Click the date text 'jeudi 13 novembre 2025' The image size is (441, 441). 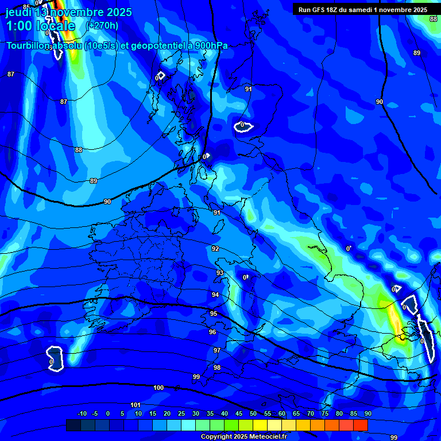69,12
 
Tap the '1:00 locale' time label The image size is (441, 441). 40,26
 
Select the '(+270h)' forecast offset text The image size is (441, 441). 102,25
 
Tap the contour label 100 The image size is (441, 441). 158,388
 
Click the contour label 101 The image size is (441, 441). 136,405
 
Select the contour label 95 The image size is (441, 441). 214,314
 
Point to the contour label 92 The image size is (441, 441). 215,249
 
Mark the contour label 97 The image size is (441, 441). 217,350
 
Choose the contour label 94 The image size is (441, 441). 215,295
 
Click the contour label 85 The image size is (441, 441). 26,7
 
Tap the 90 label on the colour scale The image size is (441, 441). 367,413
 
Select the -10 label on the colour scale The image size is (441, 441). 82,413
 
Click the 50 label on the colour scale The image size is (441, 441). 253,413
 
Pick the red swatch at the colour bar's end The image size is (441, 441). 361,425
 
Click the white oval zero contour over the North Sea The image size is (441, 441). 243,126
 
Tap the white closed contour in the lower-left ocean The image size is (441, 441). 55,358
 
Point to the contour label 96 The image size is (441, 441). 212,332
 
